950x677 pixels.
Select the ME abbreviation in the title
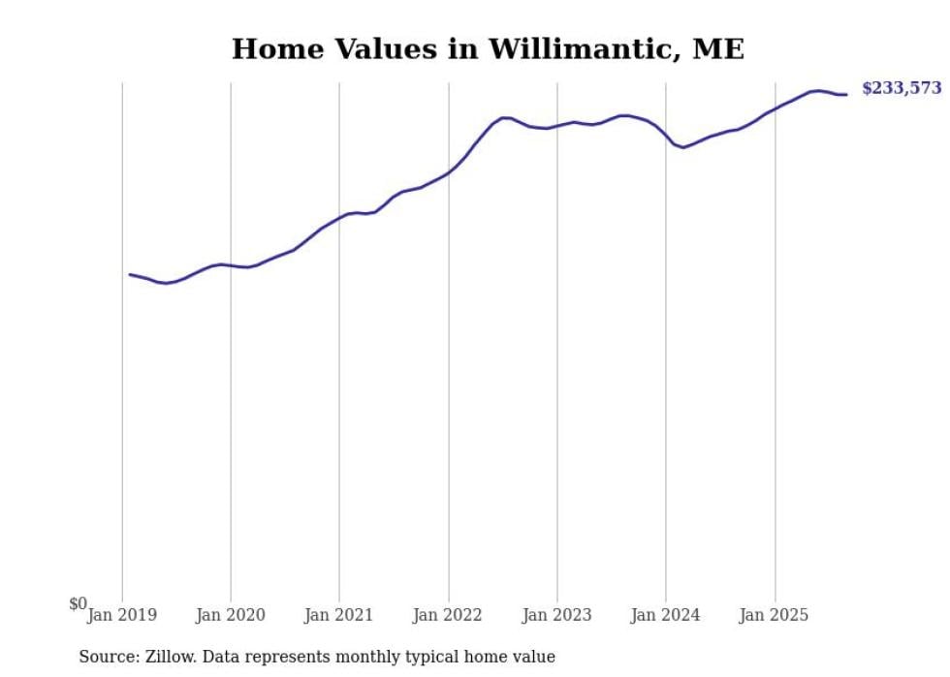pos(718,49)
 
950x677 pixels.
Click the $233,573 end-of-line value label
pos(902,88)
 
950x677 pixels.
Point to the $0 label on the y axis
pos(78,604)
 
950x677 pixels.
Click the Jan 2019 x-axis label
pos(122,615)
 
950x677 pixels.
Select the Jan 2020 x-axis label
pos(231,615)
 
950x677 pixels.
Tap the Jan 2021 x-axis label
pos(339,615)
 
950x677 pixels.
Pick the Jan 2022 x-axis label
pos(448,615)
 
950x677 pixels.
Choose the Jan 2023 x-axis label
pos(556,615)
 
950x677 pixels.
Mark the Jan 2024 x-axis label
pos(665,615)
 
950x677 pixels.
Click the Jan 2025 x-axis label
pos(774,615)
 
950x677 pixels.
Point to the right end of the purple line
pos(846,94)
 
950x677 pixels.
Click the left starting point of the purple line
pos(130,274)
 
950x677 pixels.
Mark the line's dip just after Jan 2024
pos(682,147)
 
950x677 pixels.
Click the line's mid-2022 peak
pos(504,117)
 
